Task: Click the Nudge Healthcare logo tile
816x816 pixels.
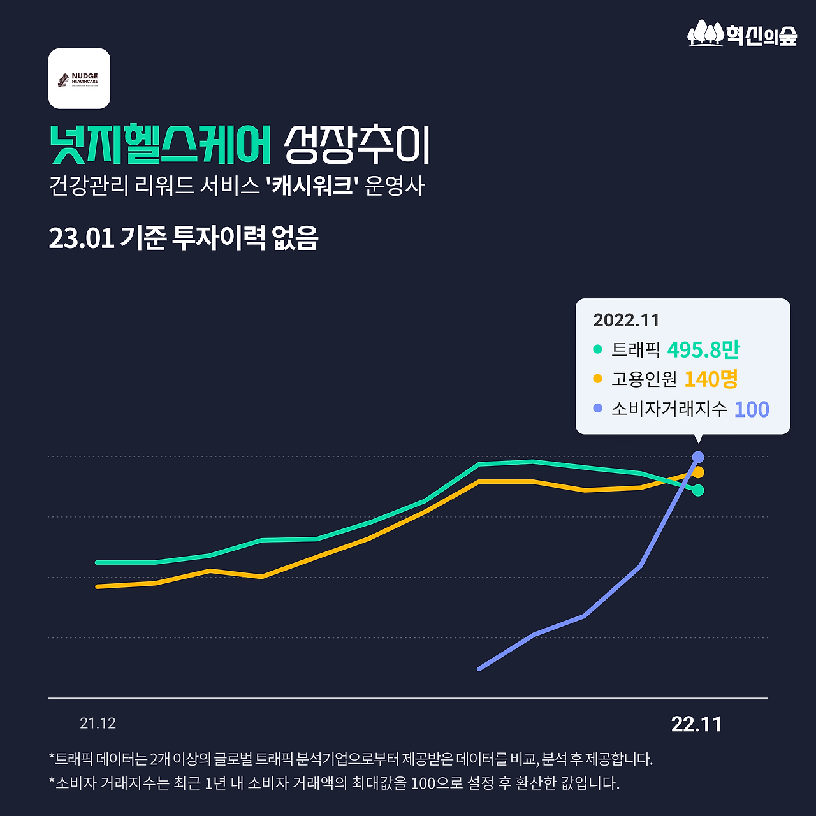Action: (79, 78)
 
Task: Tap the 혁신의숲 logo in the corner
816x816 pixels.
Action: (743, 34)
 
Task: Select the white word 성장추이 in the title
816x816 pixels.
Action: (357, 145)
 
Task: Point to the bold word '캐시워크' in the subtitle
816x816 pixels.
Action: (312, 186)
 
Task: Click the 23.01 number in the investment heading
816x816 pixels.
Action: (81, 238)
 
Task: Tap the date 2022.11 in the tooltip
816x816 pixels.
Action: (626, 320)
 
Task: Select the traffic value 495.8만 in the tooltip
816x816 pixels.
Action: (703, 349)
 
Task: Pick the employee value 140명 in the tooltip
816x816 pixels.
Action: (711, 379)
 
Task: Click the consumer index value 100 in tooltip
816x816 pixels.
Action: (752, 409)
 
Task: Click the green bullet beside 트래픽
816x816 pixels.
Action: (597, 349)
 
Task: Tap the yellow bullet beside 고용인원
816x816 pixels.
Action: (597, 379)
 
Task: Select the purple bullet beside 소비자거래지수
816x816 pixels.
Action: (597, 408)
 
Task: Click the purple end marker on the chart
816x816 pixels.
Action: (698, 457)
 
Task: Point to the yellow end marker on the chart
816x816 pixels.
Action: (699, 472)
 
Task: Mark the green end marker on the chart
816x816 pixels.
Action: (698, 490)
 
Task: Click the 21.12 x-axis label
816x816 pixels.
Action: (98, 724)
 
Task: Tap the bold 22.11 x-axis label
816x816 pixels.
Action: (696, 724)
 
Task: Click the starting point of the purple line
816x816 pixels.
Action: (479, 669)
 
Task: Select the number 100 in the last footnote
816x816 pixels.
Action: (423, 783)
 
